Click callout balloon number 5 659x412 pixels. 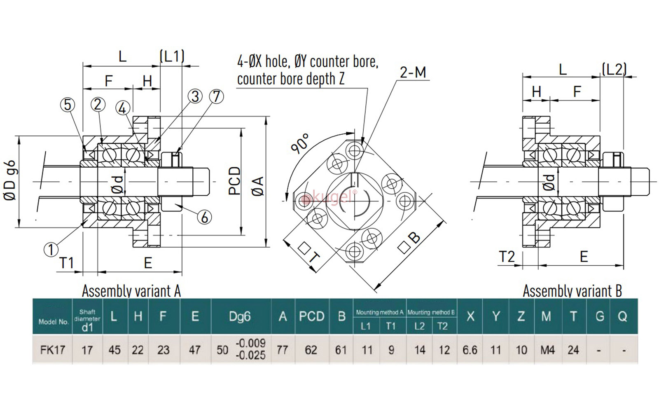[x=68, y=105]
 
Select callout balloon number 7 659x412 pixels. [x=216, y=96]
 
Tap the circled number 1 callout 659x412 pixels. [x=51, y=249]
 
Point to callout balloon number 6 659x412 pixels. [x=204, y=217]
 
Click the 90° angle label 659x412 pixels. [x=300, y=143]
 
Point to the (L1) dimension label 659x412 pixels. [x=172, y=56]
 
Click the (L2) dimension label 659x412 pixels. [x=614, y=69]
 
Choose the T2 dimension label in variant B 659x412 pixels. [x=507, y=257]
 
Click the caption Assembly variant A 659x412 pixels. [x=131, y=291]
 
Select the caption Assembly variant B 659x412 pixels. [x=572, y=291]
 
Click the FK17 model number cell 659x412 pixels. [x=53, y=350]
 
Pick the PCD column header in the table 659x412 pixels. [x=312, y=316]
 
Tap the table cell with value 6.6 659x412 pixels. [x=470, y=350]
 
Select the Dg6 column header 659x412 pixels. [x=240, y=316]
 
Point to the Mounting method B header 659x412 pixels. [x=431, y=312]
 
